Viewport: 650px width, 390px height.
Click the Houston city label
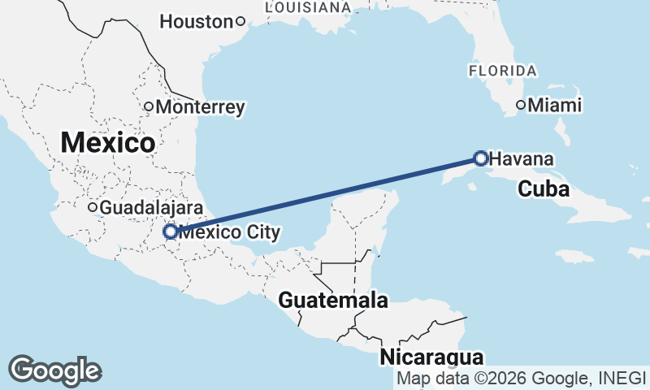click(x=197, y=22)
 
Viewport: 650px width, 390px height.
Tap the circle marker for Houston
click(x=240, y=22)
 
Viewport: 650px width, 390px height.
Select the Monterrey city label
click(x=200, y=106)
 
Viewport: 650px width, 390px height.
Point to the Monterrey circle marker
click(x=149, y=106)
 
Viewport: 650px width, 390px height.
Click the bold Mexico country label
click(x=108, y=143)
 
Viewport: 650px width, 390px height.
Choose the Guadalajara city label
click(x=150, y=208)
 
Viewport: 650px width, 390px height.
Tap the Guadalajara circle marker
click(x=93, y=208)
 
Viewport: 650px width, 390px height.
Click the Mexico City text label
click(x=229, y=232)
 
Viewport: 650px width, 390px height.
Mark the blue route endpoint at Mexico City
click(x=171, y=232)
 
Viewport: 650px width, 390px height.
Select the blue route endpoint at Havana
click(x=480, y=158)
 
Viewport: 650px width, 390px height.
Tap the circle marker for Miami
click(x=522, y=105)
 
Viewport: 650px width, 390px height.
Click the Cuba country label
click(x=544, y=189)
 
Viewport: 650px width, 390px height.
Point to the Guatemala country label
click(x=333, y=301)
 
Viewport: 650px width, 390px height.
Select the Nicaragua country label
click(x=431, y=357)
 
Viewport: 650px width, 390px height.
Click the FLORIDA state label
click(x=502, y=71)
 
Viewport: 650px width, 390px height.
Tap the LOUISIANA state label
click(x=308, y=6)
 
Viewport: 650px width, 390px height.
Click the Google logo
click(x=54, y=370)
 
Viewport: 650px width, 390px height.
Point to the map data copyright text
click(x=521, y=379)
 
